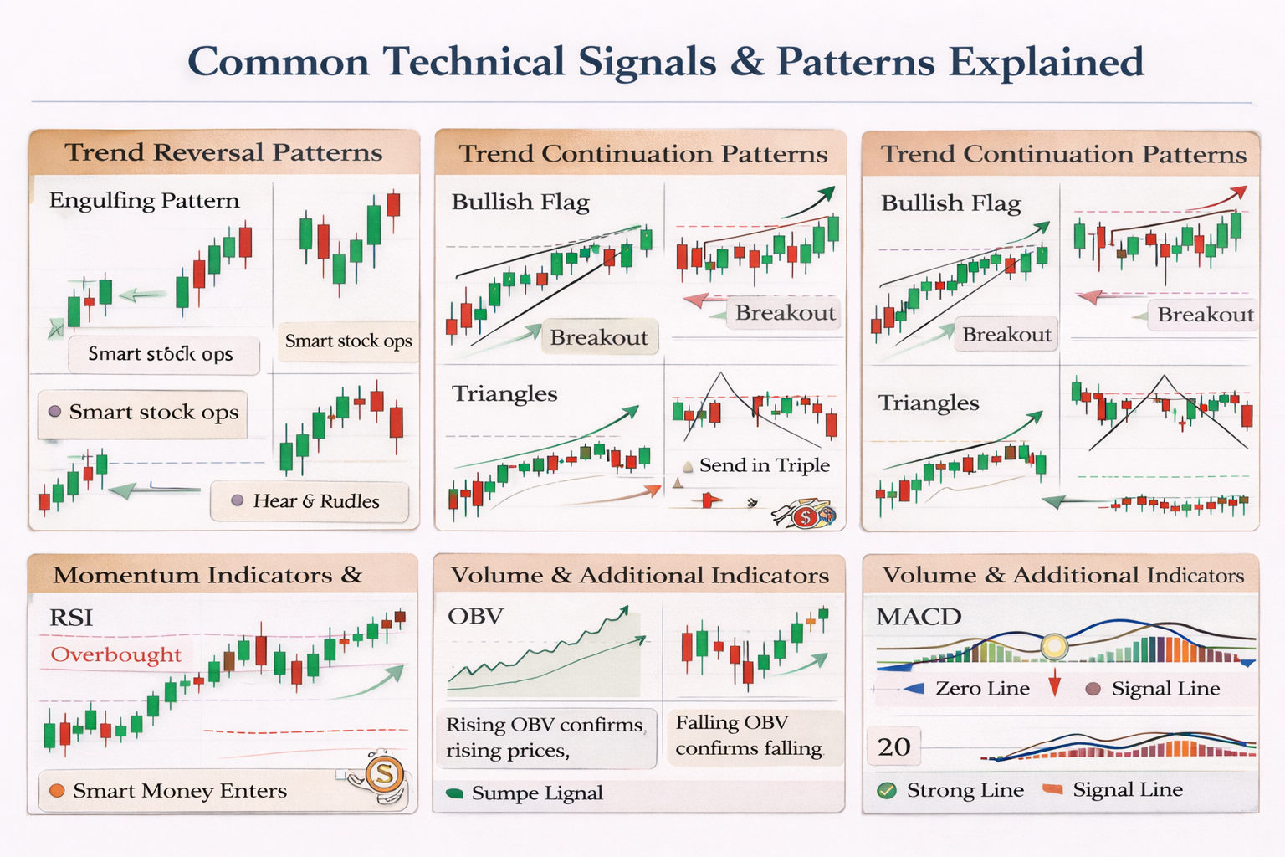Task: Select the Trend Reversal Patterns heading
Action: (223, 152)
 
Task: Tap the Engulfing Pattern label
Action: (144, 201)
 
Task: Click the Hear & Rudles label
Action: (315, 501)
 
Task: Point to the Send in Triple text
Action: (764, 465)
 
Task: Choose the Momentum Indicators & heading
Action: (207, 575)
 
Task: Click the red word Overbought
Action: (115, 654)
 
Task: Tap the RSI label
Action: (71, 618)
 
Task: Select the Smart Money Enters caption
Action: (179, 791)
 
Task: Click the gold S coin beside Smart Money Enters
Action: (384, 773)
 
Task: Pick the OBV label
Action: (475, 617)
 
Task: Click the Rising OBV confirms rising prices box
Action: (545, 737)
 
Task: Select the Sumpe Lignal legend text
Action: (536, 793)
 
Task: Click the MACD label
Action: (919, 617)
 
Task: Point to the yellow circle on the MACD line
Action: (1054, 645)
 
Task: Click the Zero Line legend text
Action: (982, 689)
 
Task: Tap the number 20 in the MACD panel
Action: (894, 747)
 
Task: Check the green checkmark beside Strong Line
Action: (887, 790)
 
